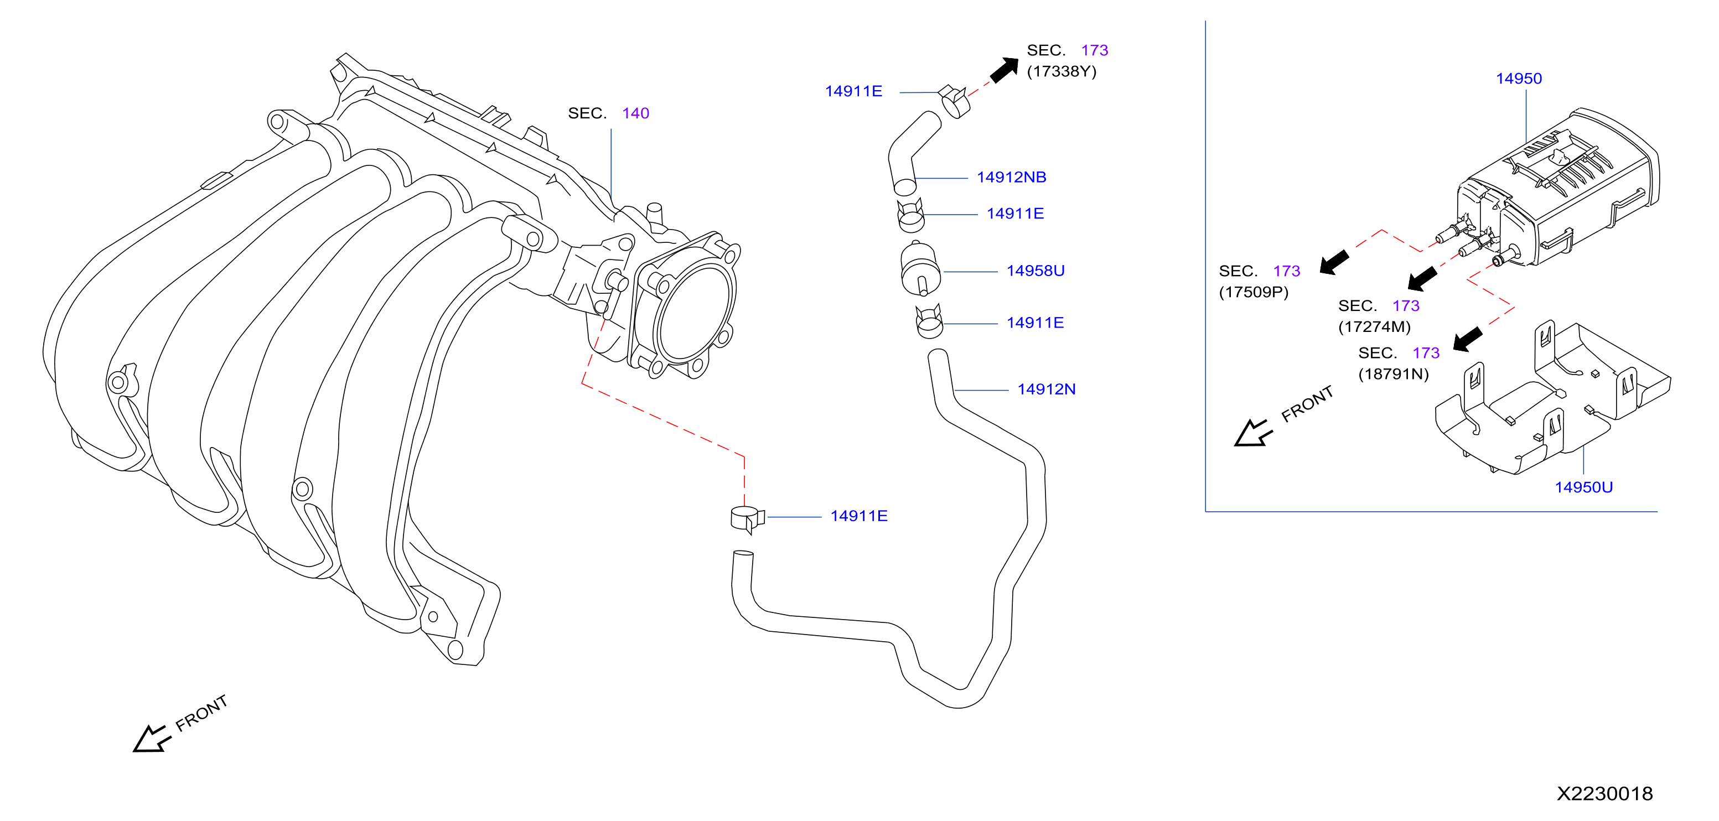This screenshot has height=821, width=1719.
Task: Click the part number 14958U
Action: click(x=1035, y=271)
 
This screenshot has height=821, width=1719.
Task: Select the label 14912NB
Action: click(x=1011, y=178)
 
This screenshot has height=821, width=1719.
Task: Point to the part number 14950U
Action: click(x=1583, y=487)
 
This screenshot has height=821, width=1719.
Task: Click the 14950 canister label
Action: click(x=1519, y=79)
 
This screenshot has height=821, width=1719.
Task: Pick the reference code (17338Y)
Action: click(x=1061, y=71)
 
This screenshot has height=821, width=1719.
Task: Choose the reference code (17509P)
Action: click(x=1253, y=292)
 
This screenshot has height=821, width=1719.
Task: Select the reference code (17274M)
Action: click(x=1374, y=327)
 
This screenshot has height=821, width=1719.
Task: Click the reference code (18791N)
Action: click(x=1394, y=374)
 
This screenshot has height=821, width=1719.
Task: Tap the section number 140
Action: click(x=635, y=113)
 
